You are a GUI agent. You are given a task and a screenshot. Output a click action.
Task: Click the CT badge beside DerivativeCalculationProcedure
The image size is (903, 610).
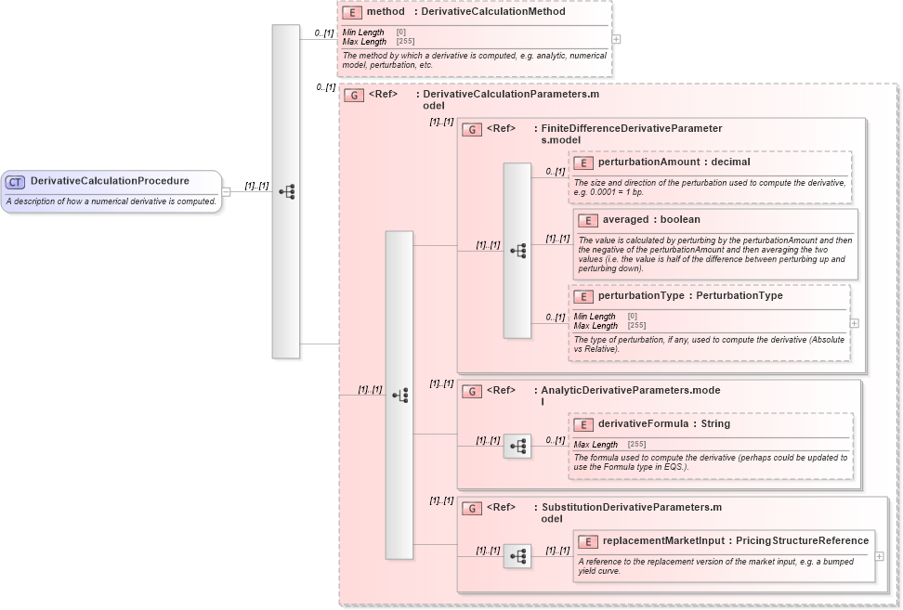click(x=15, y=182)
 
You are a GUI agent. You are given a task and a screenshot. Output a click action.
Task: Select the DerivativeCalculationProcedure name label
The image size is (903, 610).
click(x=110, y=181)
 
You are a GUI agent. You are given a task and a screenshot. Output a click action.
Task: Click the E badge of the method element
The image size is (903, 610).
click(x=352, y=13)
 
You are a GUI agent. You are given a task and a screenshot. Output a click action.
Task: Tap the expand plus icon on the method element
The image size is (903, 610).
click(x=616, y=40)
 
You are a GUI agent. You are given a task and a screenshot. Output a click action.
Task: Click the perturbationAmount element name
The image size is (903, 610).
click(x=648, y=162)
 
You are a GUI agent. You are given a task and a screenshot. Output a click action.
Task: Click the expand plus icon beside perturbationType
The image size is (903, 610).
click(x=854, y=323)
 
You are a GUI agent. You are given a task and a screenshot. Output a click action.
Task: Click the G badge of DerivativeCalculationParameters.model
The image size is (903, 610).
click(x=354, y=95)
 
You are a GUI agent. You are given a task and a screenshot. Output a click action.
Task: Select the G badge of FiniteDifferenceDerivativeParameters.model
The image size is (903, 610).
click(x=472, y=130)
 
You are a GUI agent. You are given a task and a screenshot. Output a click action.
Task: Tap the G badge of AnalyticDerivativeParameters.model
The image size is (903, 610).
click(x=472, y=392)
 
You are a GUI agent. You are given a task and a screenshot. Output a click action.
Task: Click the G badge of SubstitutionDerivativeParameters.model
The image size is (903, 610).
click(x=472, y=509)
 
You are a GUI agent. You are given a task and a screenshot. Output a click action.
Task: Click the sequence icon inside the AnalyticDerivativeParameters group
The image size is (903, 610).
click(x=517, y=447)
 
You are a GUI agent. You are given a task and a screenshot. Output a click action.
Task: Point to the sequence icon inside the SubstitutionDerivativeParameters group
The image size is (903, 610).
click(x=517, y=556)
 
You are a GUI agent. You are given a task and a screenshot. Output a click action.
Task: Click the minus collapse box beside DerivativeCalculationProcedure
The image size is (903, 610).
click(x=226, y=192)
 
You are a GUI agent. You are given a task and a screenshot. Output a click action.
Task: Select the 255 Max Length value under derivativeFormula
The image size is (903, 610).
click(x=636, y=445)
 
